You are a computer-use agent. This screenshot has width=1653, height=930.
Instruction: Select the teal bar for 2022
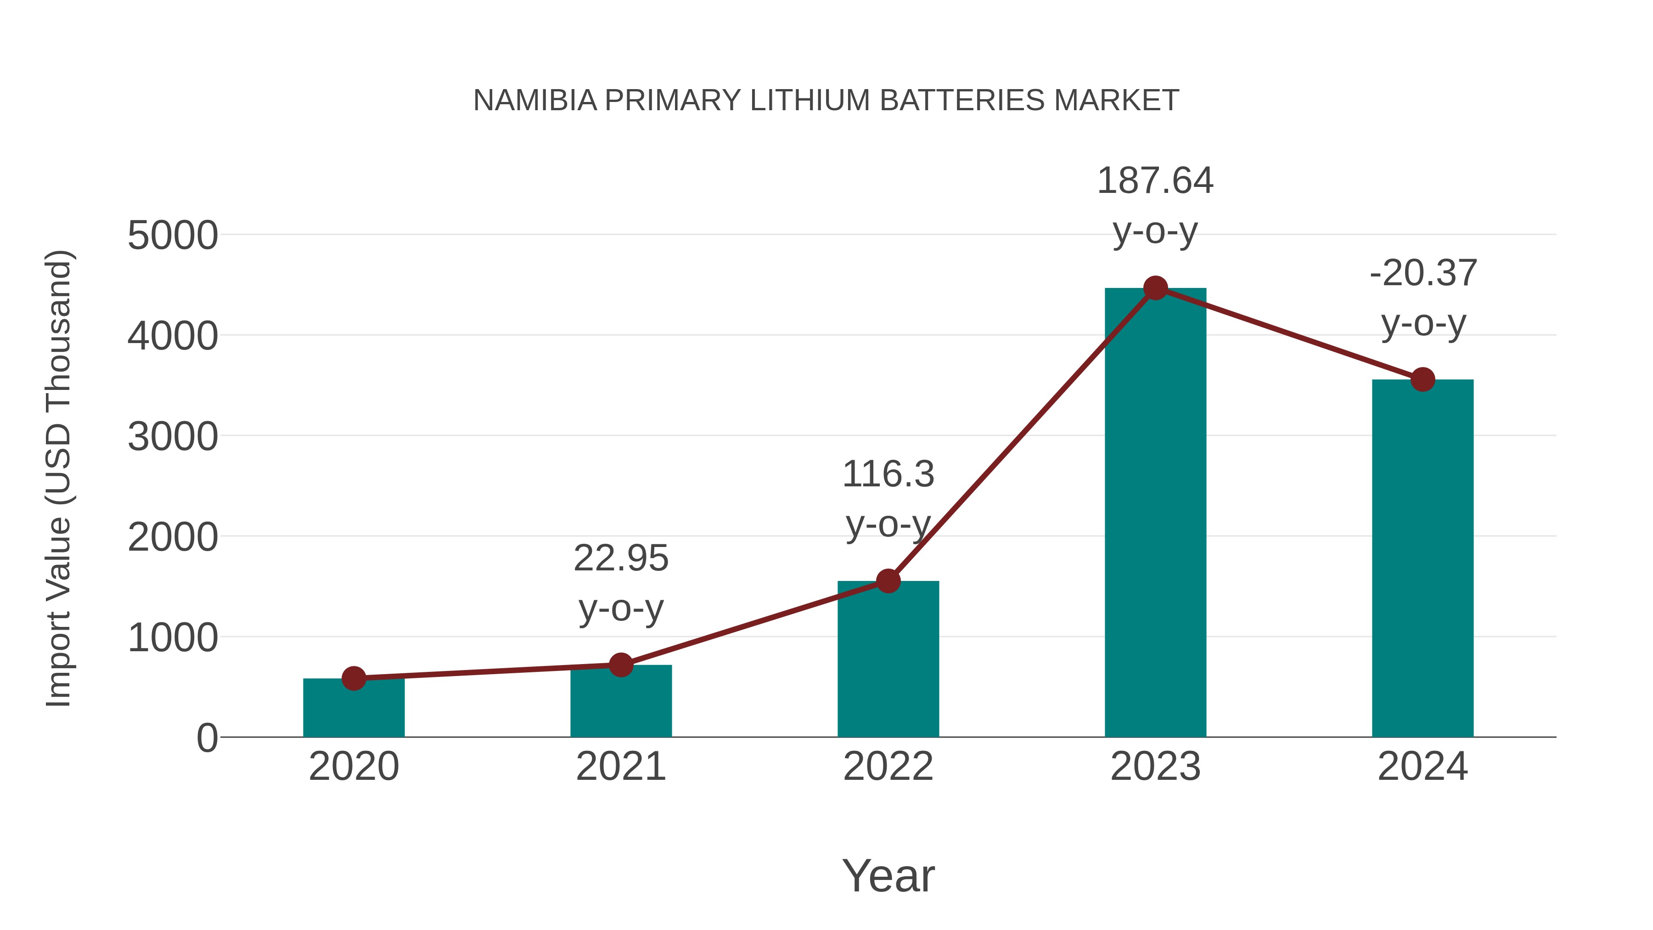point(888,661)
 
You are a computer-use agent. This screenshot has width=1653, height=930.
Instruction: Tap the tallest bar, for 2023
point(1155,513)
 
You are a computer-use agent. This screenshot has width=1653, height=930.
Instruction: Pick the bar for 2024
point(1422,558)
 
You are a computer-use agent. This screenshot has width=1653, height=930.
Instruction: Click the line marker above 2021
point(620,665)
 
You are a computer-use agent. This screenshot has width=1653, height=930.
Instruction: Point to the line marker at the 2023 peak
point(1155,288)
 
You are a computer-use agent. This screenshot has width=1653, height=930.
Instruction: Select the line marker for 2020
point(354,678)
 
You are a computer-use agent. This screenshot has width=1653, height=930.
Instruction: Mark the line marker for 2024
point(1422,379)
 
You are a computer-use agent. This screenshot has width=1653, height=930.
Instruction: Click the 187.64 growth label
point(1155,181)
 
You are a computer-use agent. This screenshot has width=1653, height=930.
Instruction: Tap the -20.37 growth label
point(1422,273)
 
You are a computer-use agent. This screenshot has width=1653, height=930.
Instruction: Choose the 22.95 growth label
point(620,558)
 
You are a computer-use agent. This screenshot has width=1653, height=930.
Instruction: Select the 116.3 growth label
point(888,475)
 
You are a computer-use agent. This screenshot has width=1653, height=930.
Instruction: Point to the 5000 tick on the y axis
point(173,236)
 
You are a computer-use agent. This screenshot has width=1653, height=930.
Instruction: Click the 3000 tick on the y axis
point(173,437)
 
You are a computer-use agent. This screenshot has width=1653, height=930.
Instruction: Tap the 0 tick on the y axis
point(207,738)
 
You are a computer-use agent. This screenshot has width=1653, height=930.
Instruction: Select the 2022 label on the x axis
point(888,767)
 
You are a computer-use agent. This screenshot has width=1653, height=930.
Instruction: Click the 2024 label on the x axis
point(1422,767)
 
